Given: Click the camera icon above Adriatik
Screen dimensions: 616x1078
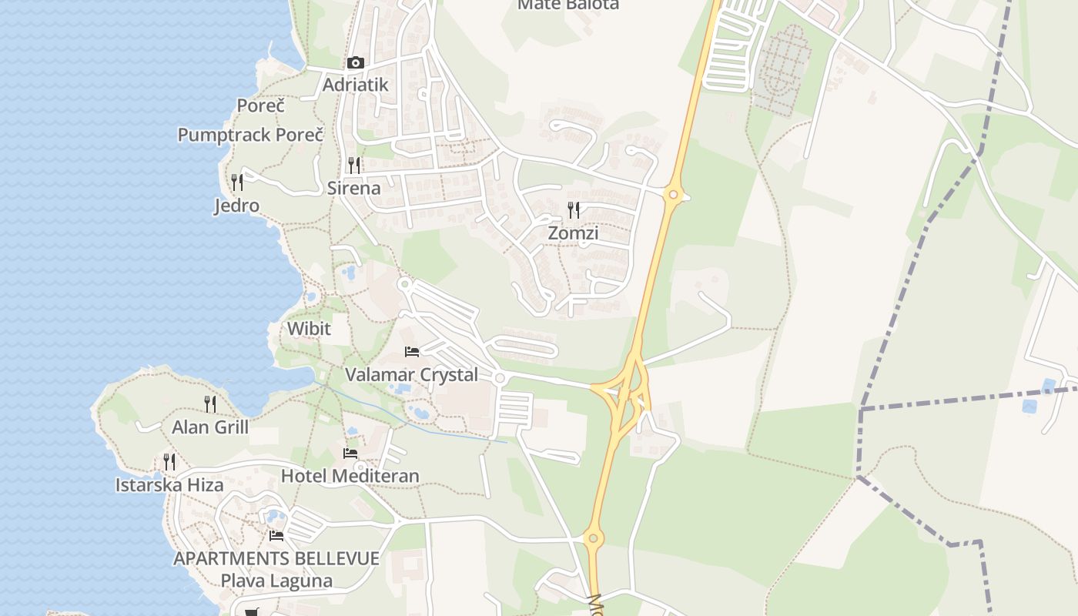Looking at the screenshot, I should [x=355, y=63].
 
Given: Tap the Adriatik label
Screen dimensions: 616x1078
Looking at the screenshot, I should [x=355, y=85].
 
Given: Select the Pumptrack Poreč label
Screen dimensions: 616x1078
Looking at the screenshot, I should [x=250, y=135].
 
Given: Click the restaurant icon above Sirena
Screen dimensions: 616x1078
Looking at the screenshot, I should [x=354, y=165].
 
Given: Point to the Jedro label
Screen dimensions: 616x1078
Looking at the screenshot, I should [x=236, y=206].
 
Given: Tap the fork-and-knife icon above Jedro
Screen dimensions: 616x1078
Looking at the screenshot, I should [x=237, y=182].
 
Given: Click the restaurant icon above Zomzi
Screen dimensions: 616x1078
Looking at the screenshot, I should [x=574, y=209].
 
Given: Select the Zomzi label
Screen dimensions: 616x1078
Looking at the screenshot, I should [x=573, y=233].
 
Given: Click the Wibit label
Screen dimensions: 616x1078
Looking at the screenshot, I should [x=309, y=329].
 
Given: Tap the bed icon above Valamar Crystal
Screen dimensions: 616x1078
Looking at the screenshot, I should [x=412, y=352].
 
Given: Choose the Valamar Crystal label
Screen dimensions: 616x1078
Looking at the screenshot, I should [x=411, y=375].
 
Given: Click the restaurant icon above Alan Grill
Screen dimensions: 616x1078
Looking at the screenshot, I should [x=209, y=403].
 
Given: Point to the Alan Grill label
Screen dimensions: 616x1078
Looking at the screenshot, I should [x=210, y=427].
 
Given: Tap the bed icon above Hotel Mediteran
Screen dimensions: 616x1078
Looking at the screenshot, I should [x=350, y=453].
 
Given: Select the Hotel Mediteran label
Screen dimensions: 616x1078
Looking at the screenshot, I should [x=350, y=476].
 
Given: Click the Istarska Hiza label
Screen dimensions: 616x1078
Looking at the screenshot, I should [x=169, y=485].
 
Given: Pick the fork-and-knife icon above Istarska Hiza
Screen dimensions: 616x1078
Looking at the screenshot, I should [x=169, y=462].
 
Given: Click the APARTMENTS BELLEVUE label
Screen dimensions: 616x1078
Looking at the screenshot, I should [x=276, y=558].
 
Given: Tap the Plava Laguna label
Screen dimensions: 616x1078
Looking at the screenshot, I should [x=276, y=581].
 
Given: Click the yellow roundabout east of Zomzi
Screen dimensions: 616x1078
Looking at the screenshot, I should [x=674, y=195].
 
